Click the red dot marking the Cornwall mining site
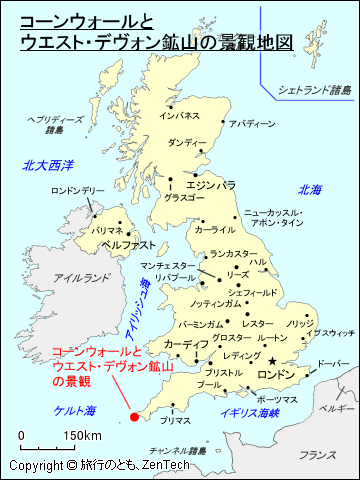[134, 418]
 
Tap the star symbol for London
[273, 360]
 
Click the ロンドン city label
[277, 374]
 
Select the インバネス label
[180, 116]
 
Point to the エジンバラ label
[211, 184]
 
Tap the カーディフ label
[187, 344]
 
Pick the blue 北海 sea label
[310, 189]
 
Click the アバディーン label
[251, 124]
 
